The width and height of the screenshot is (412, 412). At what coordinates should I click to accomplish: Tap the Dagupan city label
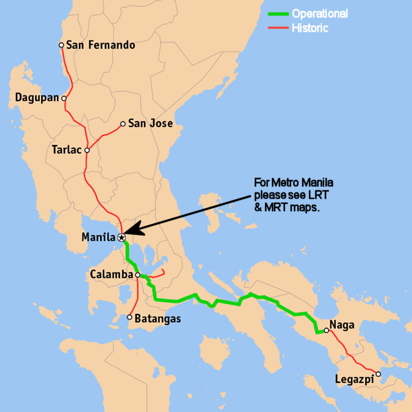pyautogui.click(x=36, y=98)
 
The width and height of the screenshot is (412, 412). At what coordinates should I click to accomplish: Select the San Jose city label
pyautogui.click(x=151, y=124)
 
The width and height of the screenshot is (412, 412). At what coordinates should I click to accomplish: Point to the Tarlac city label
pyautogui.click(x=67, y=149)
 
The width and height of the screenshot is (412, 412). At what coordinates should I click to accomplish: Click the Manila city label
pyautogui.click(x=98, y=238)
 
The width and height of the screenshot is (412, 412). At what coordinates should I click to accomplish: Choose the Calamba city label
pyautogui.click(x=111, y=275)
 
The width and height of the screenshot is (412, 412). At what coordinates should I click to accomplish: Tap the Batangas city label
pyautogui.click(x=159, y=318)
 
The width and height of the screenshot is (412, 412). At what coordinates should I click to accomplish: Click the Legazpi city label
pyautogui.click(x=354, y=379)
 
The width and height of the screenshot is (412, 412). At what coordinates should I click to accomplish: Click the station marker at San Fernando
pyautogui.click(x=61, y=45)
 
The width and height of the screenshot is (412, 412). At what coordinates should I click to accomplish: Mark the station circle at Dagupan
pyautogui.click(x=64, y=98)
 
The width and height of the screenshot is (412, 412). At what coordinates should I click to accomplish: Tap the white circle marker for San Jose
pyautogui.click(x=123, y=124)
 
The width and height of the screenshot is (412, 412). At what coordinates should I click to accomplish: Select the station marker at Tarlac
pyautogui.click(x=87, y=149)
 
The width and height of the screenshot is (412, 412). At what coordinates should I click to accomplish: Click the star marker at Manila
pyautogui.click(x=121, y=238)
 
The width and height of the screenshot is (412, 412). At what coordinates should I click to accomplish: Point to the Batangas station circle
pyautogui.click(x=130, y=317)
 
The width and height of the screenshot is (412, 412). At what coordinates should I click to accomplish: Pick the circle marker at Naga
pyautogui.click(x=327, y=330)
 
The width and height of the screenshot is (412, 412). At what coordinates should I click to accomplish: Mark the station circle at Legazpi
pyautogui.click(x=378, y=374)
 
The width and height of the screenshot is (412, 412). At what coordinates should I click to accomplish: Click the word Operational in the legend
pyautogui.click(x=319, y=14)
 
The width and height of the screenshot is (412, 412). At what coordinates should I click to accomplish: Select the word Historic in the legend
pyautogui.click(x=310, y=28)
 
